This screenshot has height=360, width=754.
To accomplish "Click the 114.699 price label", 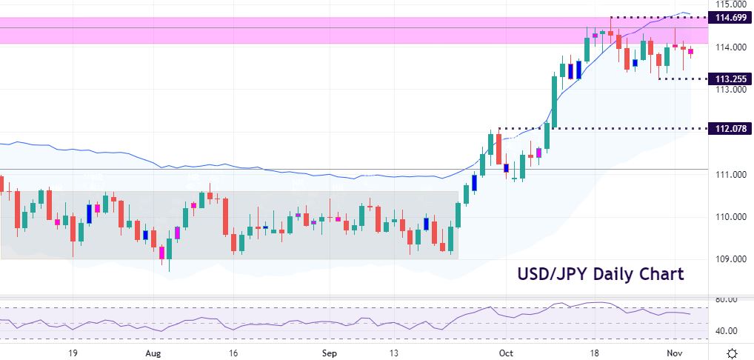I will [730, 17].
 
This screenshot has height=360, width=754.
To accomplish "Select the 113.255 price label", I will [730, 79].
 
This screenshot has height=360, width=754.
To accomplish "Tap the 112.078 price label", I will [730, 129].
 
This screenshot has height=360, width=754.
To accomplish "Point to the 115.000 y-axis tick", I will [729, 4].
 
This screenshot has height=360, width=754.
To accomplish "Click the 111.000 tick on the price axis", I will [729, 175].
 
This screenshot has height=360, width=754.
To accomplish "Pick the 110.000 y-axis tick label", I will [729, 217].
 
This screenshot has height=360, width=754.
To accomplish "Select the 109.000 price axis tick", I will [729, 259].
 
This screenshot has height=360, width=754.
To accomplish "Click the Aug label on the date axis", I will [153, 353].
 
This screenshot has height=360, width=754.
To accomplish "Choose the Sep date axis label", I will [330, 353].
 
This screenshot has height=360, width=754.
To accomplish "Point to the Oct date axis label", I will [505, 353].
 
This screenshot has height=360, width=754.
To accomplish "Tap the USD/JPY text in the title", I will [544, 274].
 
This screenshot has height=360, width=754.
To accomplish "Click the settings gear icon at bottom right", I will [732, 353].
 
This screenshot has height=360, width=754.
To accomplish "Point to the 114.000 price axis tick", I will [729, 47].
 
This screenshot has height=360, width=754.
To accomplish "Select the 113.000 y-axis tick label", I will [729, 90].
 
